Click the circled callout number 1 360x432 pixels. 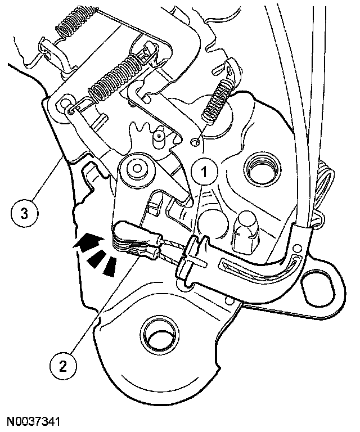point(204,172)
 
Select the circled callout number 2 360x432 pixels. point(63,367)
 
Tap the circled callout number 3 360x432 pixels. point(25,214)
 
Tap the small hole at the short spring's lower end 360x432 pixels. point(195,142)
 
